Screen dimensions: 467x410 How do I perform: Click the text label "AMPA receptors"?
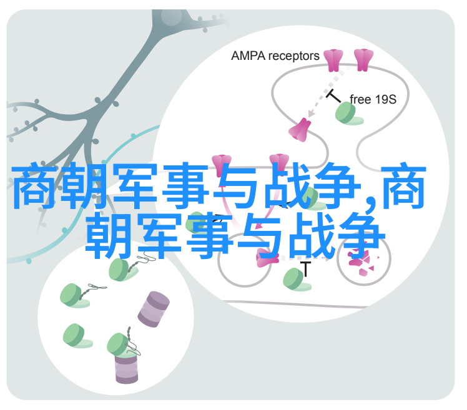(x=275, y=56)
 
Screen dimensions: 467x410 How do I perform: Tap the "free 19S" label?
(x=373, y=99)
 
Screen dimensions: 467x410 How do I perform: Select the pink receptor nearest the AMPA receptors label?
(x=333, y=60)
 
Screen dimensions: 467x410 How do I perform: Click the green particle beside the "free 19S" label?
(x=348, y=114)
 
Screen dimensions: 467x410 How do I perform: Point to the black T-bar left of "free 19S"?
(x=333, y=96)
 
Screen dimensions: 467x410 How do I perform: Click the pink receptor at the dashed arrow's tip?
(x=300, y=130)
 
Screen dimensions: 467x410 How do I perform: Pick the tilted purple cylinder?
(x=154, y=309)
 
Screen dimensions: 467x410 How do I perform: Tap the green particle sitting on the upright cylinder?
(x=119, y=345)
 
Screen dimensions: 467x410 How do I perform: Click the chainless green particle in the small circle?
(x=77, y=336)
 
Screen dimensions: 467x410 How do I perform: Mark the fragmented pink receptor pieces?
(x=361, y=262)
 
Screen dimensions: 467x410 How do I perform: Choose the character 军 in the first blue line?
(x=135, y=185)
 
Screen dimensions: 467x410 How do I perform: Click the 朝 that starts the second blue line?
(x=109, y=236)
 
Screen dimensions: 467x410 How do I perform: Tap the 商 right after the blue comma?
(x=403, y=185)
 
